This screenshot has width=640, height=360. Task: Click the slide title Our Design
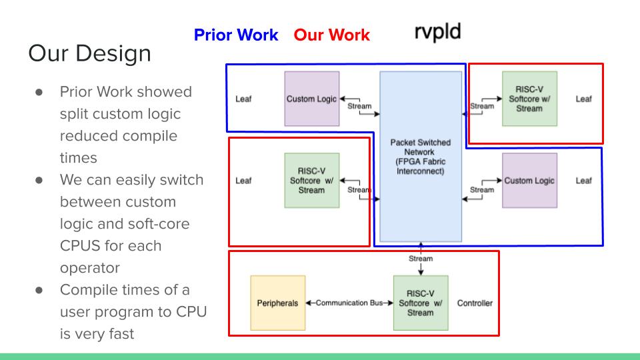click(89, 53)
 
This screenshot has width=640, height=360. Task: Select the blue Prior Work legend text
click(235, 35)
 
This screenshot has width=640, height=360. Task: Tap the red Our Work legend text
click(331, 35)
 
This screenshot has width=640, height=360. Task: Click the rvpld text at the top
click(437, 32)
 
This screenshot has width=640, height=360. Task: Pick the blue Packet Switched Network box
click(420, 157)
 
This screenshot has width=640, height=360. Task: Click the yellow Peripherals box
click(277, 303)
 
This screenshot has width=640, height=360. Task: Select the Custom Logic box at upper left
click(311, 99)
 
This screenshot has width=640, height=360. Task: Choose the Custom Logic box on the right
click(529, 180)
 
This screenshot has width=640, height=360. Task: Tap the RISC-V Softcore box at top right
click(529, 99)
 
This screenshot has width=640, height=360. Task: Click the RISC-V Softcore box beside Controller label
click(420, 303)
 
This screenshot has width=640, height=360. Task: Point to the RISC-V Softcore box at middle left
click(311, 180)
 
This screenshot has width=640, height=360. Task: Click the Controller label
click(475, 303)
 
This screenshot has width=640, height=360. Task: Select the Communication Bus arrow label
click(349, 303)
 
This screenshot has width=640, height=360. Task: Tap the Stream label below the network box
click(420, 259)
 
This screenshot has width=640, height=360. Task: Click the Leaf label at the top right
click(583, 99)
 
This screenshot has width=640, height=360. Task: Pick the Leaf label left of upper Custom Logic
click(243, 99)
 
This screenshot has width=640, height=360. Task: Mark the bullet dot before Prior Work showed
click(40, 92)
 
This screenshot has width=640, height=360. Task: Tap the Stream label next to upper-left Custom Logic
click(359, 106)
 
